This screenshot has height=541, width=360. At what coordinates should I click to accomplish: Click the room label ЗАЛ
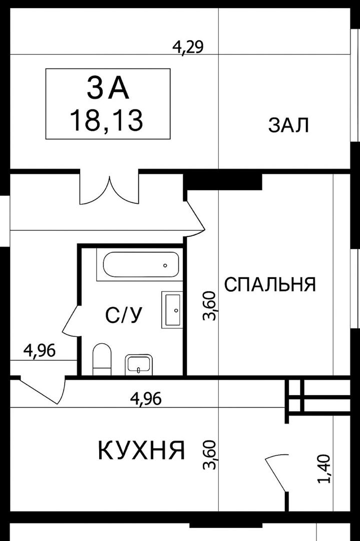tap(288, 125)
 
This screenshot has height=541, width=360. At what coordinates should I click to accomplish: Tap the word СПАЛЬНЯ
tap(270, 285)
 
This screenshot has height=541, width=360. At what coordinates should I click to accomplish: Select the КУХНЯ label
tap(142, 450)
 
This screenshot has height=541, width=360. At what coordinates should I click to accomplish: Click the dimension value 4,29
tap(188, 47)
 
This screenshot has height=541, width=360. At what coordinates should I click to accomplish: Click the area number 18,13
tap(107, 120)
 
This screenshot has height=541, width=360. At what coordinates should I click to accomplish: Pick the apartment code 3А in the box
tap(108, 88)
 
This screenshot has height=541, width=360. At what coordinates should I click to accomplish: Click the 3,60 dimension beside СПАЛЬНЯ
tap(209, 306)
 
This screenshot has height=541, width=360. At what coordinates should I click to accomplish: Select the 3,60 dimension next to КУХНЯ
tap(209, 455)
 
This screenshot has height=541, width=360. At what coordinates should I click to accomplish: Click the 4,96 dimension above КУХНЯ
tap(146, 399)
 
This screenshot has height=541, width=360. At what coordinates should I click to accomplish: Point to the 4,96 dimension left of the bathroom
tap(40, 351)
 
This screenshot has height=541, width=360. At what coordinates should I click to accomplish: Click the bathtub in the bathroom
tap(141, 264)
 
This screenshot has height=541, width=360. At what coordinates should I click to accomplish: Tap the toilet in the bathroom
tap(102, 359)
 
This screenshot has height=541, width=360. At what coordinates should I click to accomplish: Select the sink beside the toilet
tap(139, 364)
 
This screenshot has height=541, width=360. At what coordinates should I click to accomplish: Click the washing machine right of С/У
tap(172, 310)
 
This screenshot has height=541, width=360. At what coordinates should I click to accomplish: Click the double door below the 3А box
tap(109, 189)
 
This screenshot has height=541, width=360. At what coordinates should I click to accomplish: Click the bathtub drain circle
tap(165, 265)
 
